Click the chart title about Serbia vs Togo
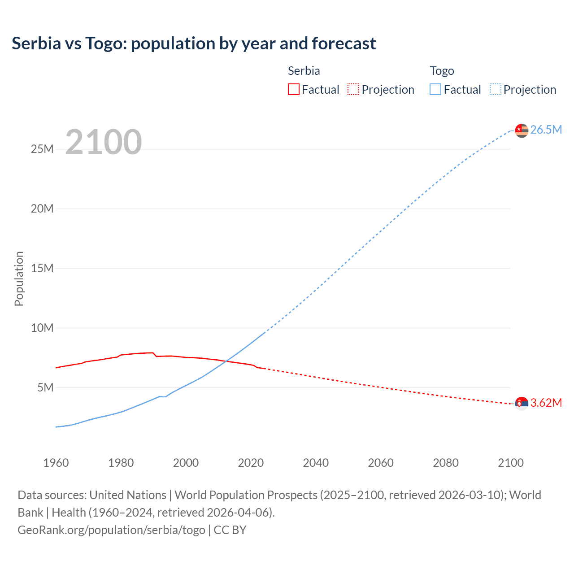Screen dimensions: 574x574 (194, 43)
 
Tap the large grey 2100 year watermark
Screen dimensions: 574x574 (104, 142)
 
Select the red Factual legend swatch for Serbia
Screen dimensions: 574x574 (293, 89)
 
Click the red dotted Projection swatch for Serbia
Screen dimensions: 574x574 (353, 89)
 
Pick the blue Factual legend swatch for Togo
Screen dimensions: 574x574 (435, 89)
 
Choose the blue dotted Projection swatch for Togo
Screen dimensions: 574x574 (495, 89)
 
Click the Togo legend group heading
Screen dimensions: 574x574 (442, 71)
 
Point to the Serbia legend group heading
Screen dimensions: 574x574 (304, 71)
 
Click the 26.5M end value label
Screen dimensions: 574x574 (546, 130)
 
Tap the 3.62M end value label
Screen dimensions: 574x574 (546, 403)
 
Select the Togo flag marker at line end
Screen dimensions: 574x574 (522, 130)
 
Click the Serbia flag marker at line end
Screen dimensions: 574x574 (522, 404)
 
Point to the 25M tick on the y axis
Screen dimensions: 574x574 (42, 149)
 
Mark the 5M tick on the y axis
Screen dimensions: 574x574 (45, 387)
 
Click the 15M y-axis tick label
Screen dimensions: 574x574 (42, 268)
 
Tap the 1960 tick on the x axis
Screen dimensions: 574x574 (56, 463)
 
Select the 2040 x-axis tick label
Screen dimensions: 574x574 (316, 463)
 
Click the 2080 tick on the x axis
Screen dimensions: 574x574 (446, 463)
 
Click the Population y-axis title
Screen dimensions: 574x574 (19, 278)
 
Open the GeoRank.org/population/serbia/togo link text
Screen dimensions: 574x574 (111, 530)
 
